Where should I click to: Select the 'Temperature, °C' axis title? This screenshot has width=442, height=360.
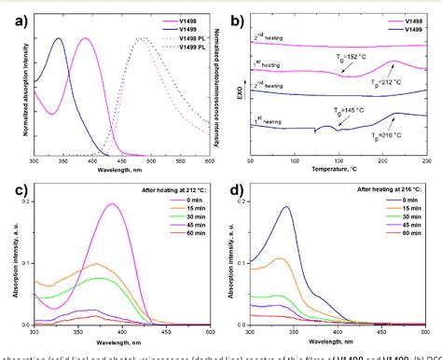[338, 171]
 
